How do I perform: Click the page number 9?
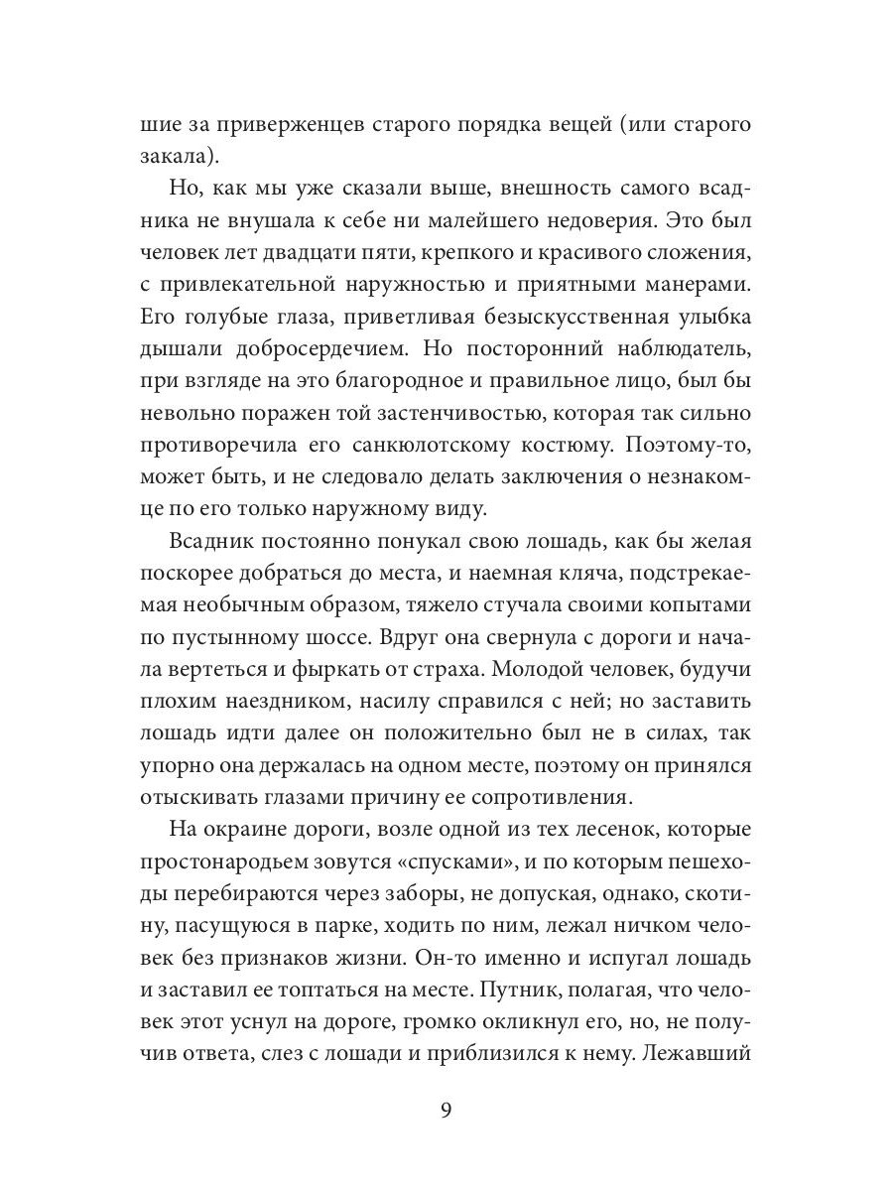(x=446, y=1109)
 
